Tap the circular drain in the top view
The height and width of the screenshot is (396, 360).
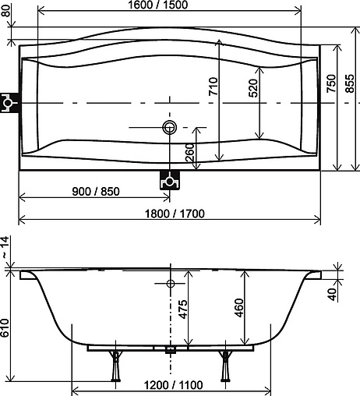click(170, 127)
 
